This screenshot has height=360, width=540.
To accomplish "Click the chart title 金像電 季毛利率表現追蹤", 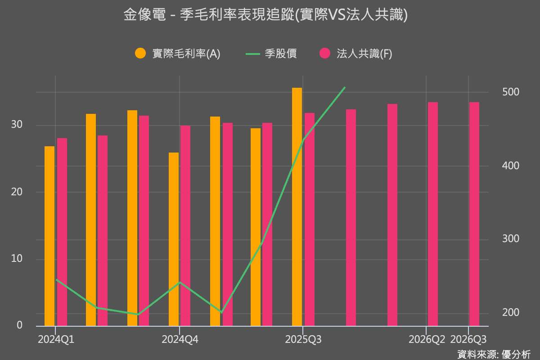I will (265, 15).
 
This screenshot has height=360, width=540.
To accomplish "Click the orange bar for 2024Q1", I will (49, 236).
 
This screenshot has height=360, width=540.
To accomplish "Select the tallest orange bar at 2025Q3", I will (297, 207).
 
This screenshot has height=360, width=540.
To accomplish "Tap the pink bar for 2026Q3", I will (474, 214).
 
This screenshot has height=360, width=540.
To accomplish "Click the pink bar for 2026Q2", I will (433, 214).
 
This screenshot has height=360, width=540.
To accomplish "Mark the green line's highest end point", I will (345, 87).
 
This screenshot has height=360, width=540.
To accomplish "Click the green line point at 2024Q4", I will (180, 283).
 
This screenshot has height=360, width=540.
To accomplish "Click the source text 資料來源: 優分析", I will (494, 354).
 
